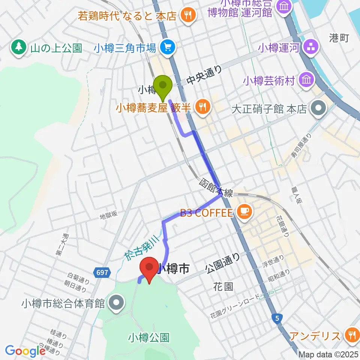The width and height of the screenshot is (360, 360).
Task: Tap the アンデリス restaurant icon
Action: (x=351, y=335)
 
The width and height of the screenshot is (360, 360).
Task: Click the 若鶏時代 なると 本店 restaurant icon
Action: (x=186, y=15)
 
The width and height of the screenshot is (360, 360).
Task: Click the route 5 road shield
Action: (x=276, y=318)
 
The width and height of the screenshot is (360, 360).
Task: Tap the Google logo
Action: (x=25, y=351)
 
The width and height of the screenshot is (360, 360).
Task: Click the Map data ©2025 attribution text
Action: (x=328, y=354)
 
